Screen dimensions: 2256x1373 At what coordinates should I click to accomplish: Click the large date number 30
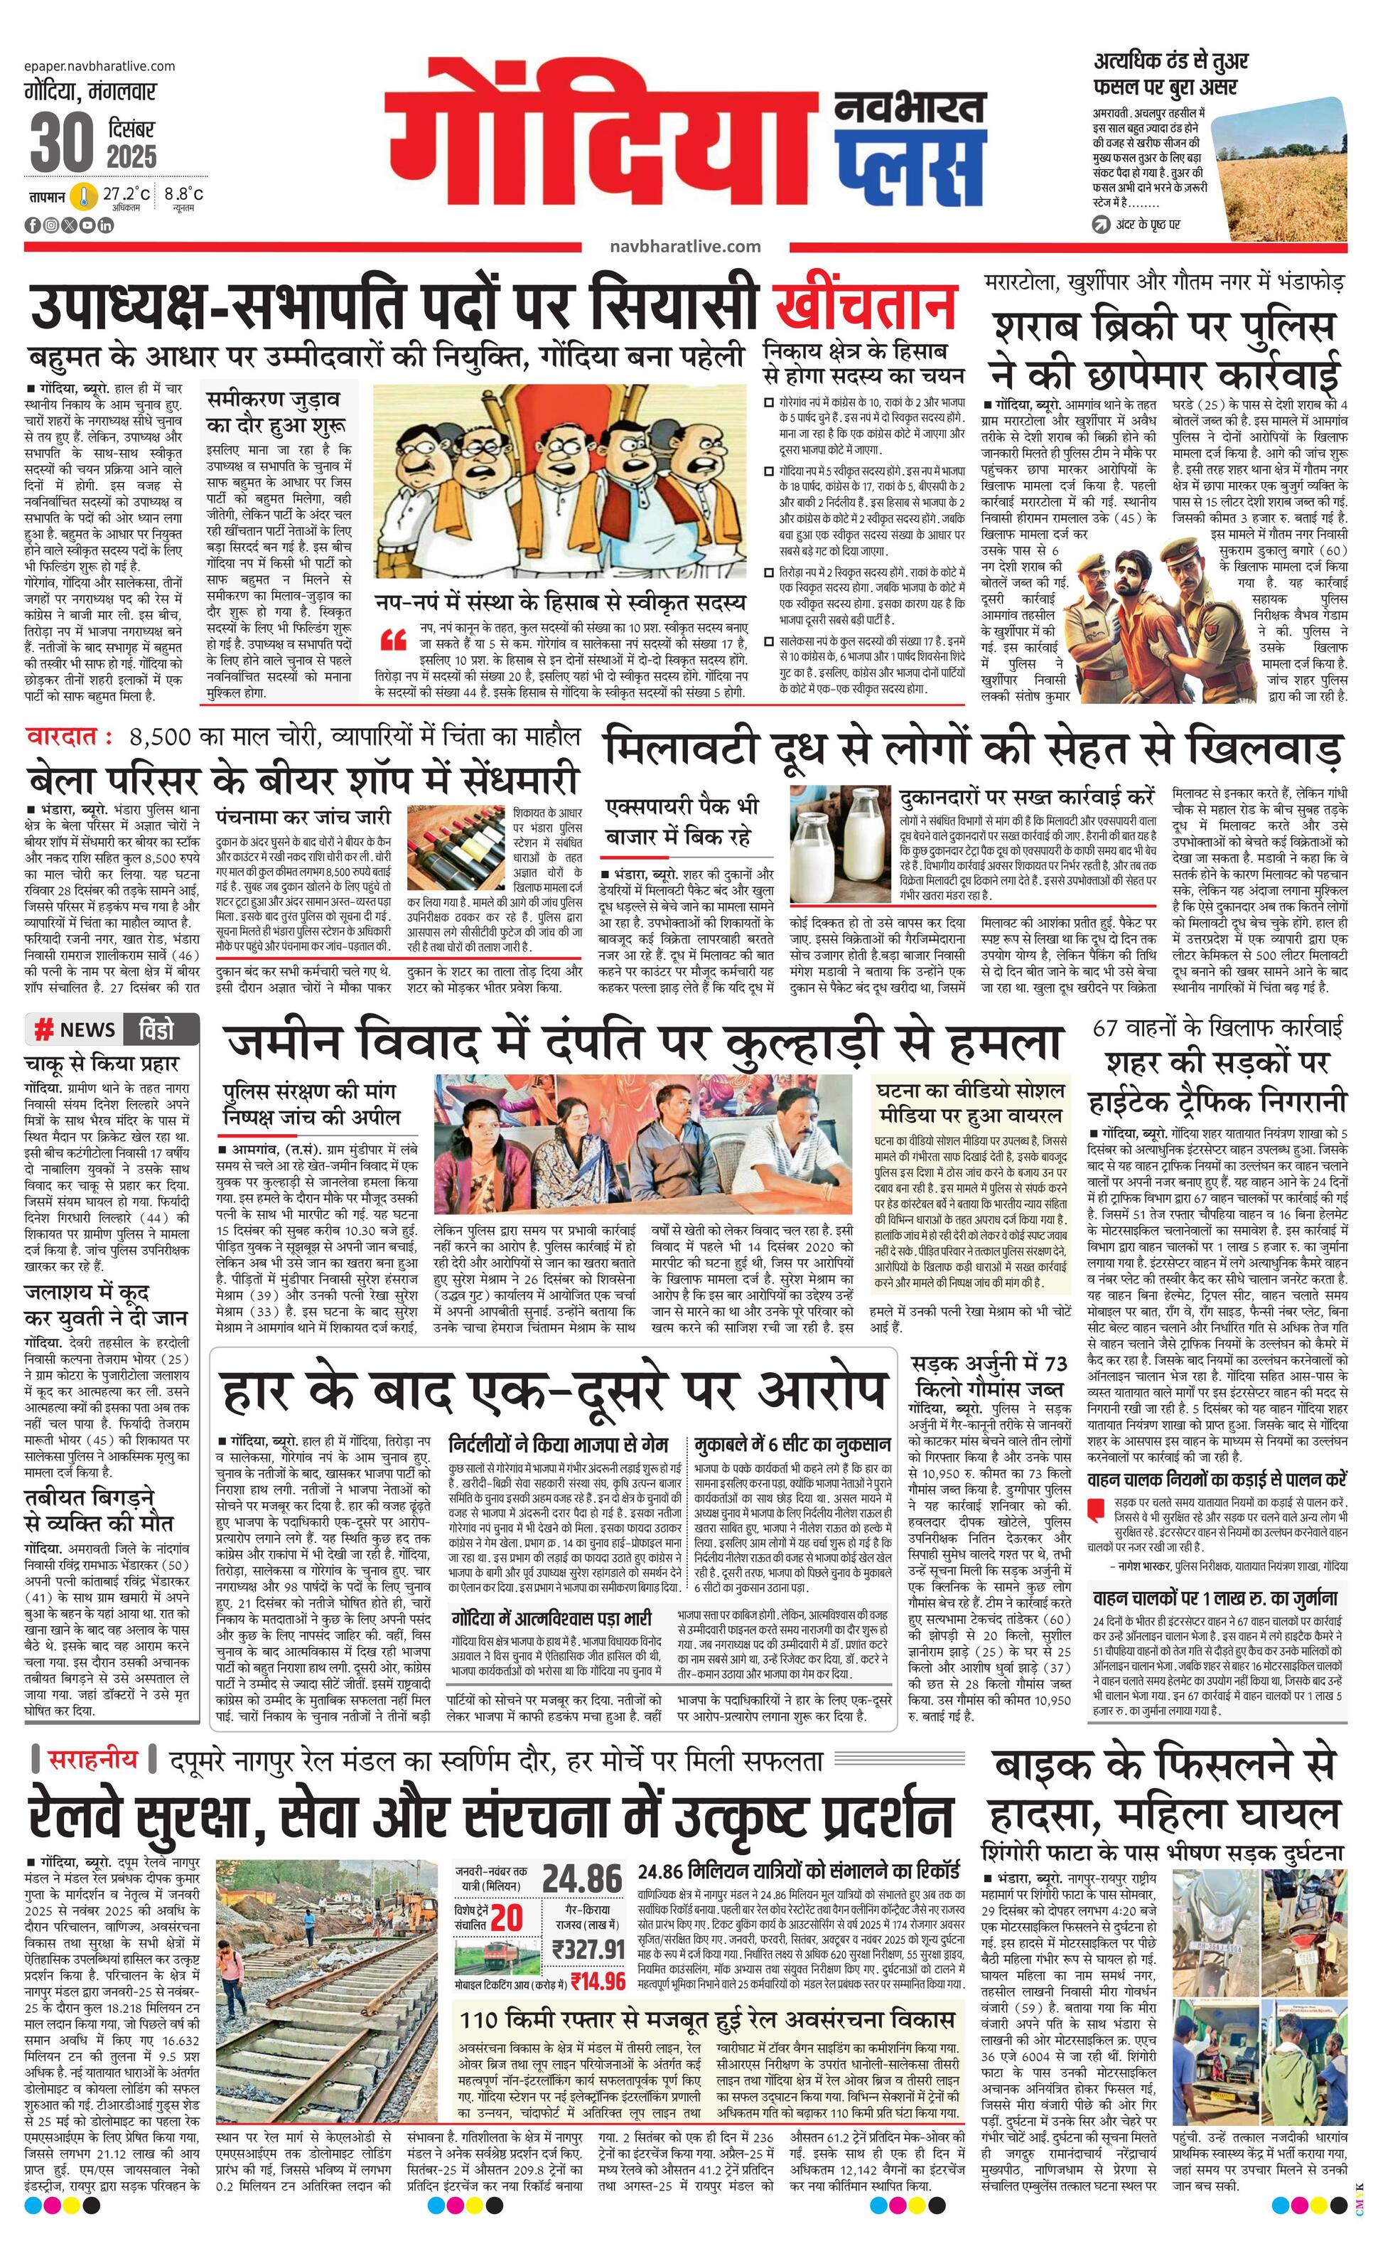[61, 142]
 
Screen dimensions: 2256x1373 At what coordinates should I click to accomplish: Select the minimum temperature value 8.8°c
[184, 194]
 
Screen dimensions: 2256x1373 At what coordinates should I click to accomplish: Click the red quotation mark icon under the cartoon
[393, 638]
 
